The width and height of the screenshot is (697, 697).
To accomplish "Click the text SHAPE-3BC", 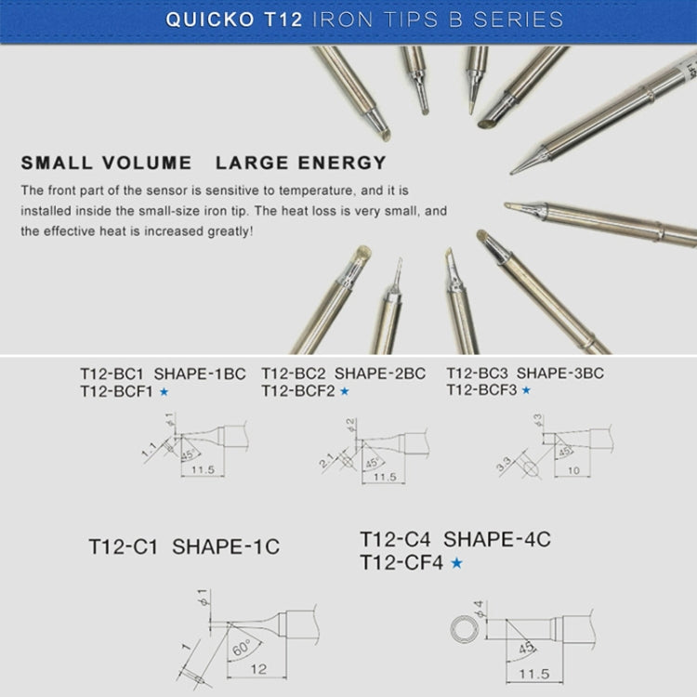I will point(560,374).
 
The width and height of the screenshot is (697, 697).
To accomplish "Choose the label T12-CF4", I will point(401,562).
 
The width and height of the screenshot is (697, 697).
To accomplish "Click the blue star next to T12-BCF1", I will point(164,392).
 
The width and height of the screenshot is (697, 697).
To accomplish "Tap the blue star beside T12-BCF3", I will point(526,391).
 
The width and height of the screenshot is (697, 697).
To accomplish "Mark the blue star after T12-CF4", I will point(456,563).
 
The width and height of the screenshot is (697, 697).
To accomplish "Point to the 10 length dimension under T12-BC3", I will point(573,471).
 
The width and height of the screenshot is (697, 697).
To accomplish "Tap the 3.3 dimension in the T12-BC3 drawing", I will point(504,462).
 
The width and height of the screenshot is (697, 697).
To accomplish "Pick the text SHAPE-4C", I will point(497,539).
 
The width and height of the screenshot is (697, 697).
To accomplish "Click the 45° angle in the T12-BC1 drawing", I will point(189,455).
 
